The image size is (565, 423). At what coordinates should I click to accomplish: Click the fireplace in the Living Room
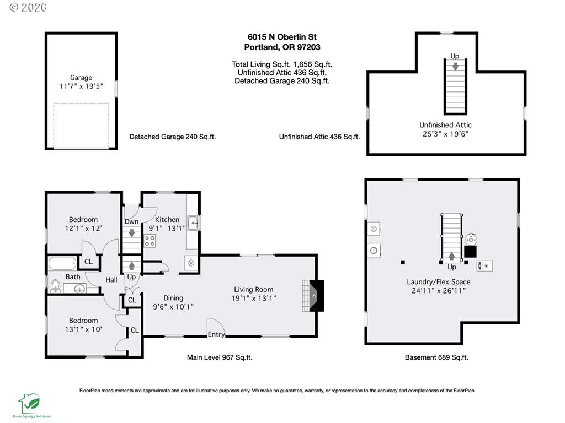[x=312, y=296]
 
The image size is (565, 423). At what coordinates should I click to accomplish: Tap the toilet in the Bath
[x=55, y=286]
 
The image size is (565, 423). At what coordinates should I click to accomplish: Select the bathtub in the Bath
[x=62, y=263]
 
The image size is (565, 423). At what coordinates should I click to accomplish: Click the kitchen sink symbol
[x=193, y=223]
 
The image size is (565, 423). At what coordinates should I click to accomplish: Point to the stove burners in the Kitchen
[x=150, y=241]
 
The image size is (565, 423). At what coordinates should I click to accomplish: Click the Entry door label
[x=216, y=334]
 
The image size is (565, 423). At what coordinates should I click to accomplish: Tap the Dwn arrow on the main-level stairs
[x=132, y=233]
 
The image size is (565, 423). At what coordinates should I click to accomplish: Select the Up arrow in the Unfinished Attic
[x=455, y=67]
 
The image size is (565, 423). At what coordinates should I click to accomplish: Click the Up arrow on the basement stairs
[x=451, y=256]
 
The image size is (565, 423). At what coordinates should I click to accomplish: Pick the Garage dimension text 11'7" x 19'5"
[x=81, y=86]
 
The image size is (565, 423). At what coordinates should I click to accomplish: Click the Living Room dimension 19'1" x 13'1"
[x=254, y=298]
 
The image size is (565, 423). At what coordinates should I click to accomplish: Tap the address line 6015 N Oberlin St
[x=282, y=37]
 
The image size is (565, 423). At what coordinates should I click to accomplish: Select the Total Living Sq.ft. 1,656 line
[x=282, y=64]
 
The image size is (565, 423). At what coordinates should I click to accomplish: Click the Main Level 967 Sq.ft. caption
[x=220, y=357]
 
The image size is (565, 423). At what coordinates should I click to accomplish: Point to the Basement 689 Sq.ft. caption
[x=436, y=357]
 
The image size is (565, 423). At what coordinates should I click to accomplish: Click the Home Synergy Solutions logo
[x=31, y=405]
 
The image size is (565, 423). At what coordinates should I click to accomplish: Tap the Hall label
[x=111, y=279]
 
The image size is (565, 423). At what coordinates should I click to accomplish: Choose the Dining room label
[x=173, y=298]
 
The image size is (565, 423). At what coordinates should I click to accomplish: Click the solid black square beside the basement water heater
[x=470, y=251]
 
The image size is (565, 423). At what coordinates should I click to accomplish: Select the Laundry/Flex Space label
[x=439, y=281]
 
